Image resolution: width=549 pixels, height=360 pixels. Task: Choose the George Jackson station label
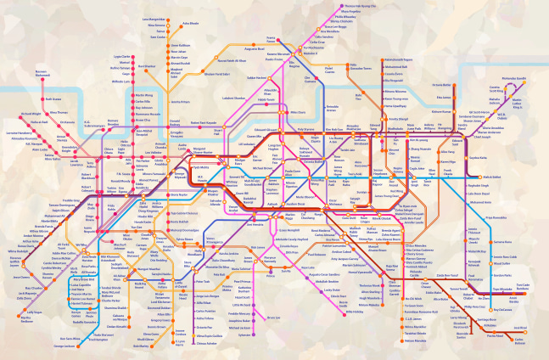pyautogui.click(x=64, y=346)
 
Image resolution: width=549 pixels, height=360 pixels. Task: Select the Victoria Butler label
pyautogui.click(x=440, y=85)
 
